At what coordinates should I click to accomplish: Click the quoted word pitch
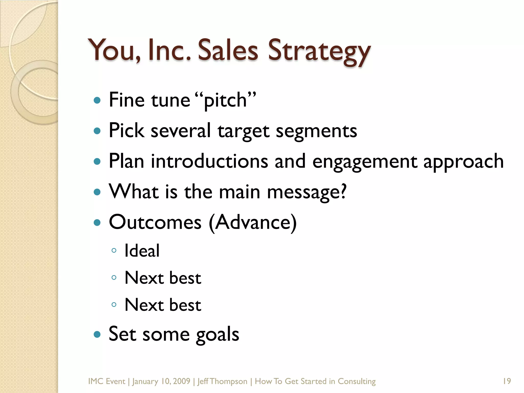(225, 100)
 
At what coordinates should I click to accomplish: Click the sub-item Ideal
(142, 251)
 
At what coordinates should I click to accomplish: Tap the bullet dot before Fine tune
(97, 100)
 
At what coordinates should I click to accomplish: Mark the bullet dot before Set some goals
(97, 334)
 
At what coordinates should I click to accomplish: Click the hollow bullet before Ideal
(114, 250)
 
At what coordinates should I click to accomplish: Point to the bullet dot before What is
(97, 192)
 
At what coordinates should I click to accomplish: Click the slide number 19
(507, 381)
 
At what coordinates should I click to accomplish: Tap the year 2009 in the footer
(181, 381)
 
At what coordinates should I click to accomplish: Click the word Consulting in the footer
(357, 381)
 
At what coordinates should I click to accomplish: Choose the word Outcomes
(155, 222)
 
